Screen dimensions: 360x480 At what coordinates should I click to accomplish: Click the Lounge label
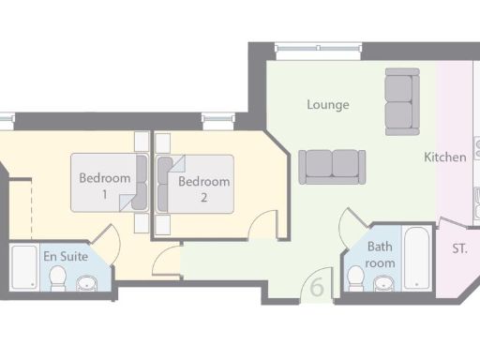(x=327, y=105)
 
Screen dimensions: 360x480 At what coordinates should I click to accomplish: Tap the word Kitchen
(x=444, y=157)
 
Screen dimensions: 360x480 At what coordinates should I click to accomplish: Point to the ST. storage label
(x=460, y=248)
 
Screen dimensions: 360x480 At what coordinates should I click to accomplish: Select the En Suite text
(x=65, y=255)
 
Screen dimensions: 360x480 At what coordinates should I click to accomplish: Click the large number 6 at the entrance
(x=318, y=287)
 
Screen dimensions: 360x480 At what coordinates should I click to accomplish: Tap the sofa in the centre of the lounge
(x=331, y=166)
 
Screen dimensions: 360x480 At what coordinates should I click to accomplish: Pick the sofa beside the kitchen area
(x=399, y=101)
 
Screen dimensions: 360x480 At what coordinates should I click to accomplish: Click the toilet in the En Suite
(x=58, y=277)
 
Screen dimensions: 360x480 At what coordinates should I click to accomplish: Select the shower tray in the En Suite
(x=23, y=268)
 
